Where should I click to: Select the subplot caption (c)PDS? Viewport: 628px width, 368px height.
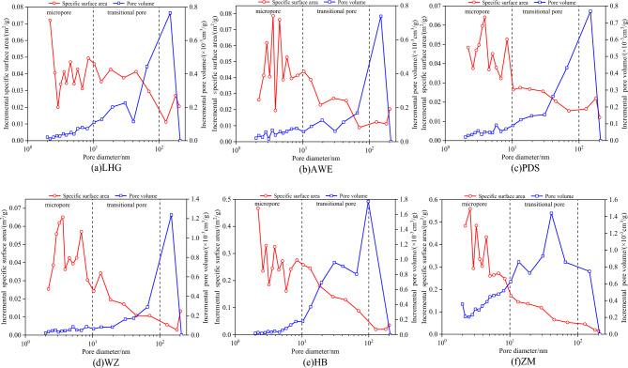[523, 168]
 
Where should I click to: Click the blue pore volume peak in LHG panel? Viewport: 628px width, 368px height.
[170, 13]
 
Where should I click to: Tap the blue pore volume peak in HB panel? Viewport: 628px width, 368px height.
[368, 201]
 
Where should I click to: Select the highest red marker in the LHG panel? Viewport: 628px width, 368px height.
[51, 21]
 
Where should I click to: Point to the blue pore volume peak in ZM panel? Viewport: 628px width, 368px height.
[551, 213]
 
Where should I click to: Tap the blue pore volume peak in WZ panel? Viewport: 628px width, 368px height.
[171, 215]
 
